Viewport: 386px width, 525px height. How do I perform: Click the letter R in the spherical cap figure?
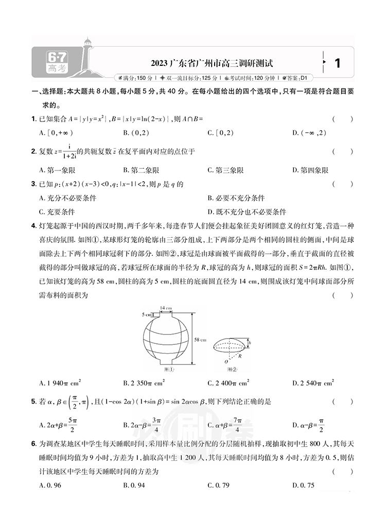240,355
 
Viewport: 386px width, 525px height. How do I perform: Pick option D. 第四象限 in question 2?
310,170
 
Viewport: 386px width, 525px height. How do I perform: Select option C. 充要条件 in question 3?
57,211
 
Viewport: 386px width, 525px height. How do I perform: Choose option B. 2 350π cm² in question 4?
144,383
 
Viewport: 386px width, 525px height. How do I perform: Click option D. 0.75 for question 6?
303,485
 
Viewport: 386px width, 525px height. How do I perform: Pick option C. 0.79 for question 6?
218,485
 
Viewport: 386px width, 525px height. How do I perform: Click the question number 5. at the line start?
34,401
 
